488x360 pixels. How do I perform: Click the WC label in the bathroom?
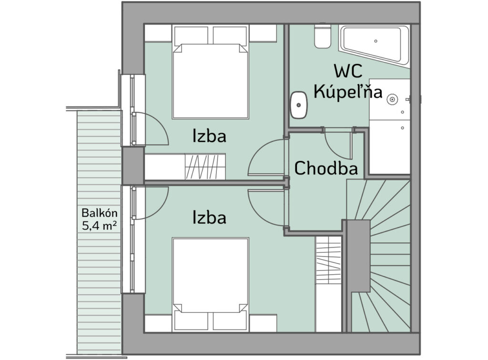348,71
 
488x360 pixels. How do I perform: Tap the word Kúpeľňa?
347,92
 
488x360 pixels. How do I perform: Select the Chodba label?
326,169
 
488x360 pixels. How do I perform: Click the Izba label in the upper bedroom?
209,136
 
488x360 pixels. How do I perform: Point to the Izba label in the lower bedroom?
209,217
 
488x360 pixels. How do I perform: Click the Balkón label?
100,213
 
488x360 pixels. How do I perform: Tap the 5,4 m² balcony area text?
100,225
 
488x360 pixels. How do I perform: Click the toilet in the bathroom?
323,36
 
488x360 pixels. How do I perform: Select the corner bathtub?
375,45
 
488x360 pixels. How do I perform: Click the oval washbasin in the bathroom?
299,105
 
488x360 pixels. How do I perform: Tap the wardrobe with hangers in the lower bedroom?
328,260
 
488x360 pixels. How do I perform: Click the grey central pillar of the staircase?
358,256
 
